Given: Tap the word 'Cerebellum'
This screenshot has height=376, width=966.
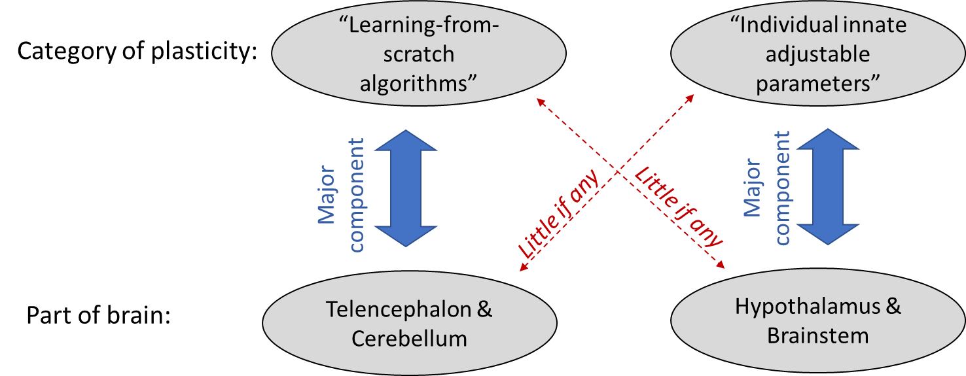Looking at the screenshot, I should pos(410,339).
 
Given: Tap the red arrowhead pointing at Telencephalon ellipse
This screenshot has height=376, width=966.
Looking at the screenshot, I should pos(522,269).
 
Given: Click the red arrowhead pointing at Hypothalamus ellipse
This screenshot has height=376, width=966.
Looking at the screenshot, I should pos(721,265).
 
